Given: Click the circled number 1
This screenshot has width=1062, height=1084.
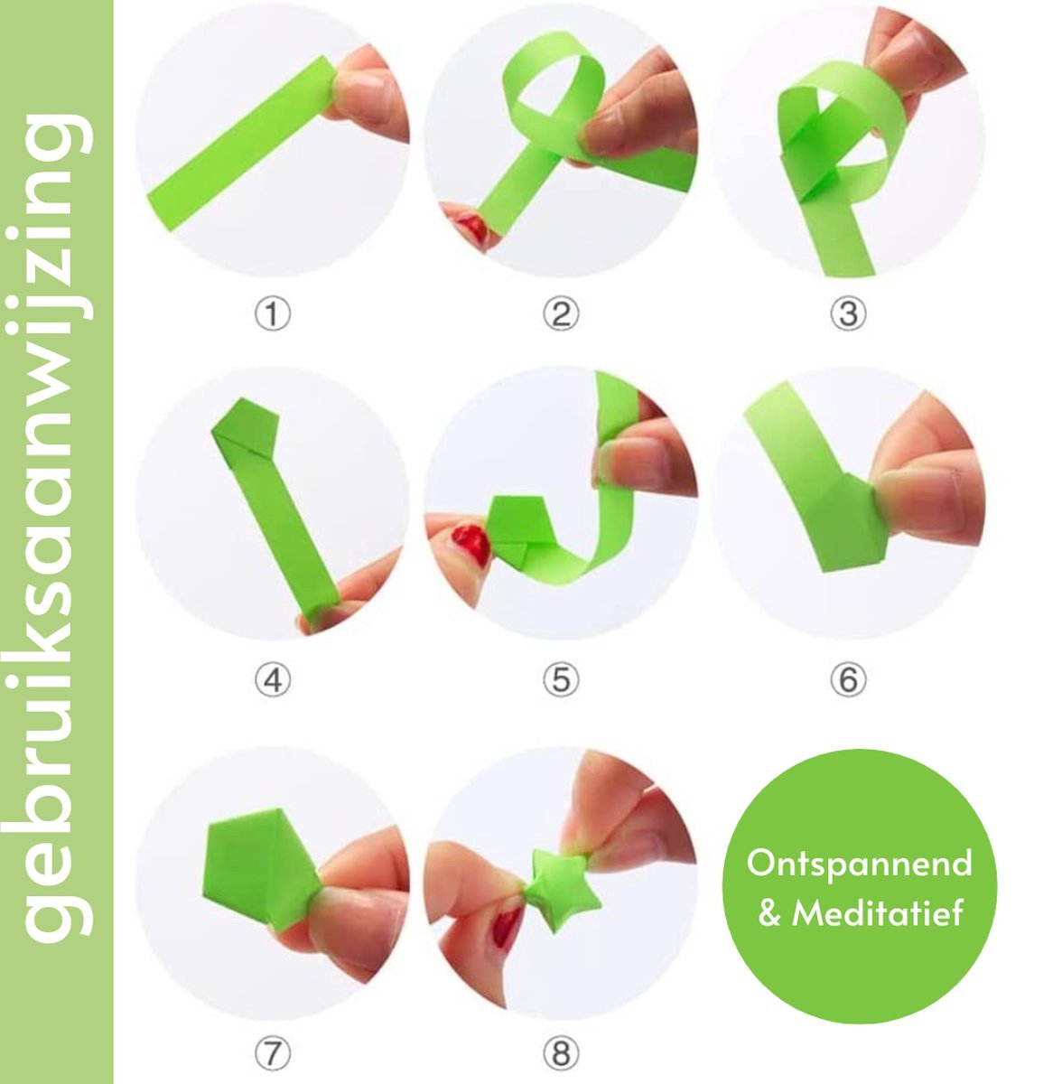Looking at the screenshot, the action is coord(272,314).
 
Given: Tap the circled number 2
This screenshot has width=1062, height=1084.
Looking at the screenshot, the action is coord(560,314).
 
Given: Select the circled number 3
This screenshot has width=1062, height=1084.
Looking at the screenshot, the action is coord(848,314).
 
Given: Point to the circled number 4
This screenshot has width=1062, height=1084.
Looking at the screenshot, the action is coord(272,680).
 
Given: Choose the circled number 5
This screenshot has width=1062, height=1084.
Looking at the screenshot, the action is coord(560,680).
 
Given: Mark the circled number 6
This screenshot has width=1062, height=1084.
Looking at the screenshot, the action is coord(848,680).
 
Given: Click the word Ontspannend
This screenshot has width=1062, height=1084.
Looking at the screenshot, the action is coord(859,864).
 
